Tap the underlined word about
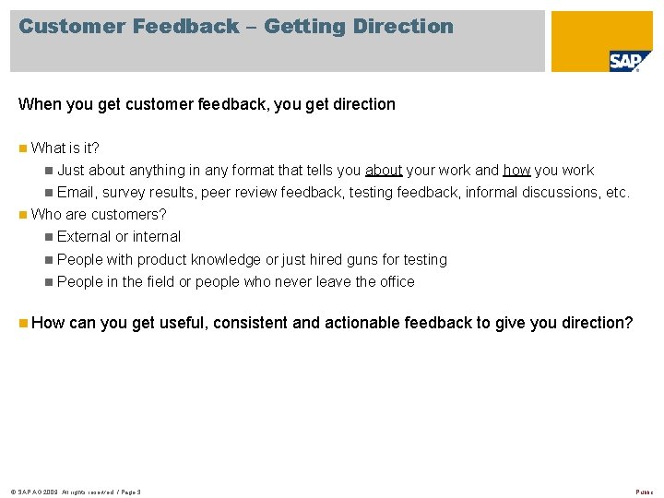point(384,171)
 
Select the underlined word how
point(516,171)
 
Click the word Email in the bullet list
point(77,193)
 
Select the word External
point(84,237)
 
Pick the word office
point(393,282)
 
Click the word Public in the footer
point(645,492)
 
